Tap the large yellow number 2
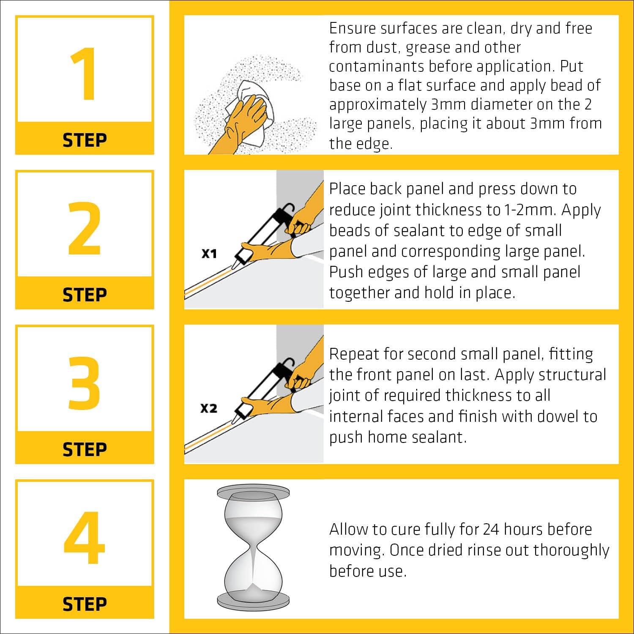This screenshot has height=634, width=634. point(85,229)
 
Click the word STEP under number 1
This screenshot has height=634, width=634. point(85,140)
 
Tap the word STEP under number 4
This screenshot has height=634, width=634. point(85,604)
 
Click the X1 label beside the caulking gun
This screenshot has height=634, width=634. point(209,254)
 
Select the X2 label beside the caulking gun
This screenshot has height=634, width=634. point(209,408)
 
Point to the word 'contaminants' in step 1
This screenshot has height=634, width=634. point(377,66)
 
